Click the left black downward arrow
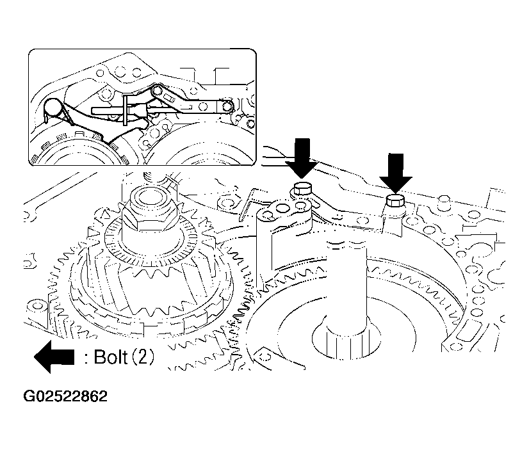point(301,157)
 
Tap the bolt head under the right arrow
point(396,200)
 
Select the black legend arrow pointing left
point(54,357)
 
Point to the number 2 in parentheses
point(142,357)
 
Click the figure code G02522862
point(65,396)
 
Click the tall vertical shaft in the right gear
point(346,287)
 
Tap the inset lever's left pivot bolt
point(156,91)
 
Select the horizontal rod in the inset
point(108,110)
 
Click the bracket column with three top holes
point(283,236)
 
